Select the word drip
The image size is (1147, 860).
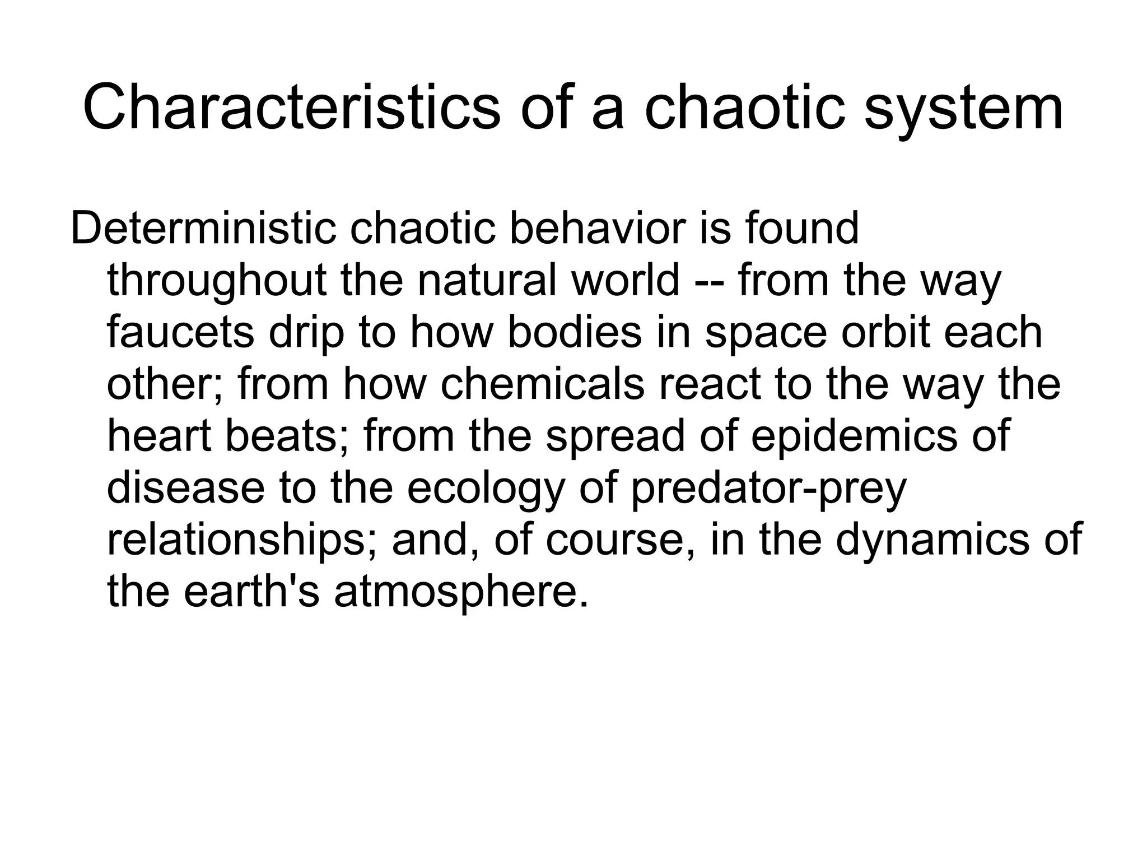point(306,332)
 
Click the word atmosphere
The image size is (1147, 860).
point(461,592)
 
